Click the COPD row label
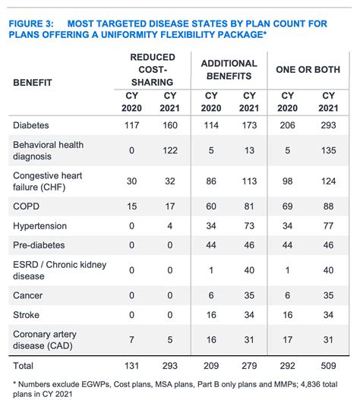[27, 205]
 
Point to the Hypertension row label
[39, 225]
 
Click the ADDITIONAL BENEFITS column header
[229, 70]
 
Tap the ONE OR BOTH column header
[308, 70]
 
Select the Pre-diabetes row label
[39, 246]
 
